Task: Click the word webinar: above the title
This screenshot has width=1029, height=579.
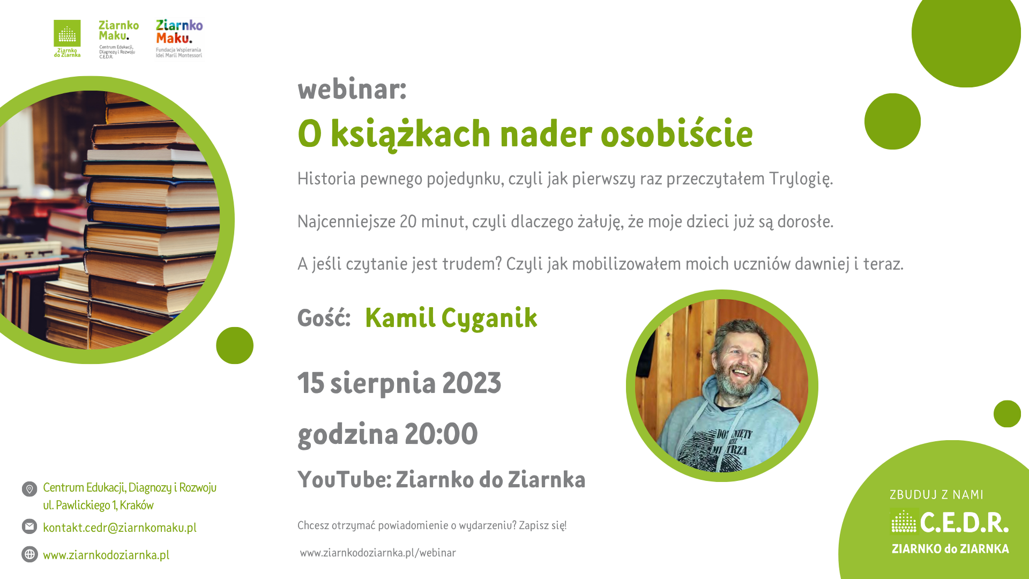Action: pyautogui.click(x=352, y=88)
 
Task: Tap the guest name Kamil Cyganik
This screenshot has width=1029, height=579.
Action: pyautogui.click(x=451, y=318)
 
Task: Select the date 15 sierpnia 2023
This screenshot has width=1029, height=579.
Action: pyautogui.click(x=399, y=383)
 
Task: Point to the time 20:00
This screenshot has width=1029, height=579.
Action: pyautogui.click(x=441, y=434)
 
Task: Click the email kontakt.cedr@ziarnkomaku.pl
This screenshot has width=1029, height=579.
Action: pyautogui.click(x=120, y=528)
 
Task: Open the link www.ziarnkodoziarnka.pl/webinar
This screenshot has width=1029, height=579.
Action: pyautogui.click(x=378, y=553)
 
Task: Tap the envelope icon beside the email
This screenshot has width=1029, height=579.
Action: pyautogui.click(x=29, y=526)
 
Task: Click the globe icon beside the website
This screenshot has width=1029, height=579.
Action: pyautogui.click(x=29, y=554)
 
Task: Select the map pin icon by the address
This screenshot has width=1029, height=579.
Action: pyautogui.click(x=29, y=489)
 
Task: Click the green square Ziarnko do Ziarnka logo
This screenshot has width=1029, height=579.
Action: pyautogui.click(x=67, y=38)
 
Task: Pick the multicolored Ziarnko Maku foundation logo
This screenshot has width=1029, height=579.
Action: pyautogui.click(x=179, y=39)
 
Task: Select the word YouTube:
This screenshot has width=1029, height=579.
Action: pyautogui.click(x=345, y=479)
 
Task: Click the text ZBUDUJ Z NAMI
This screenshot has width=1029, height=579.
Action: pyautogui.click(x=936, y=495)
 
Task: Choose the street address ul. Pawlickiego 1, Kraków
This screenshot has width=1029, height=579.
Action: pyautogui.click(x=98, y=506)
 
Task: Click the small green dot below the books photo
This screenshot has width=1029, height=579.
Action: pyautogui.click(x=235, y=346)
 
